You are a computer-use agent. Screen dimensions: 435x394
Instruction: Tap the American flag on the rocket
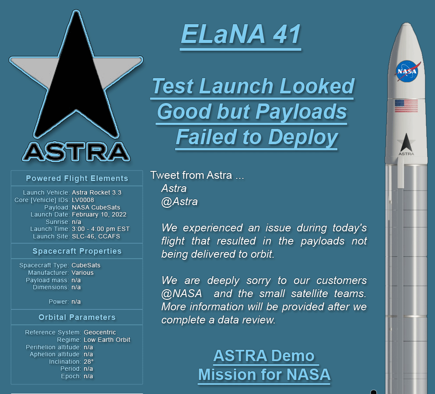pyautogui.click(x=406, y=106)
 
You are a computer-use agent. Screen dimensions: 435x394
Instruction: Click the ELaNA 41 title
pyautogui.click(x=241, y=34)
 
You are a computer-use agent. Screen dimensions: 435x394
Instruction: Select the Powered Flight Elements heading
pyautogui.click(x=77, y=178)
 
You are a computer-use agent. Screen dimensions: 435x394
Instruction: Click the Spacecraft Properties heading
pyautogui.click(x=77, y=251)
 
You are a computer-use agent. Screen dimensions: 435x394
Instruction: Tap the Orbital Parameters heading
pyautogui.click(x=77, y=317)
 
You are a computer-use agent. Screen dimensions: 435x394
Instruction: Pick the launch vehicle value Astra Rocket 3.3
pyautogui.click(x=97, y=192)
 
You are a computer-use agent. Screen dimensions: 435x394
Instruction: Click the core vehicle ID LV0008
pyautogui.click(x=83, y=200)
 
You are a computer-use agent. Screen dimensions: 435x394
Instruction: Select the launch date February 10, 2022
pyautogui.click(x=99, y=214)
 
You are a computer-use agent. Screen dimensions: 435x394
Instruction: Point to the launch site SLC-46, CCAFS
pyautogui.click(x=96, y=237)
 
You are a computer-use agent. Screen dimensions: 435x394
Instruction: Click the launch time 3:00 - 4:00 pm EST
pyautogui.click(x=101, y=229)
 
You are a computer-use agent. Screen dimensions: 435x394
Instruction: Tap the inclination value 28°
pyautogui.click(x=88, y=362)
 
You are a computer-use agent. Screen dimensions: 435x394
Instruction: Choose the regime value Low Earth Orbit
pyautogui.click(x=107, y=340)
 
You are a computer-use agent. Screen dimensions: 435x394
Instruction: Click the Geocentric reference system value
pyautogui.click(x=100, y=332)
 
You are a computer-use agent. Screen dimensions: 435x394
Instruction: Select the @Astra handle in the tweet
pyautogui.click(x=179, y=202)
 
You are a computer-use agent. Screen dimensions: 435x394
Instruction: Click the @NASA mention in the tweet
pyautogui.click(x=182, y=294)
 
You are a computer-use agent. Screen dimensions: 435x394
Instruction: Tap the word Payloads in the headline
pyautogui.click(x=301, y=112)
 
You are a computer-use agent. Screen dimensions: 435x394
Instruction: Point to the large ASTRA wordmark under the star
pyautogui.click(x=76, y=152)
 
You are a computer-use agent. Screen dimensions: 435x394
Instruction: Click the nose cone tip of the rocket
pyautogui.click(x=407, y=23)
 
